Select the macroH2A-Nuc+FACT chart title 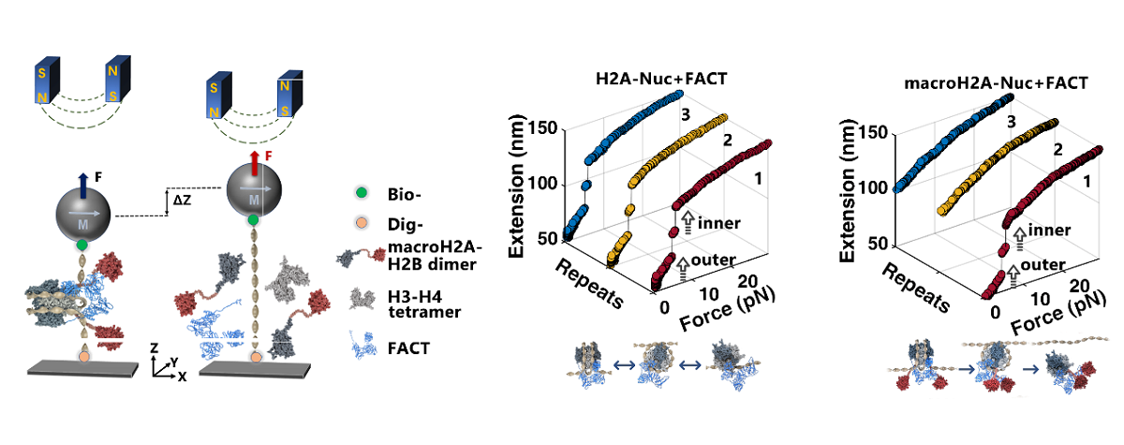tap(996, 82)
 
